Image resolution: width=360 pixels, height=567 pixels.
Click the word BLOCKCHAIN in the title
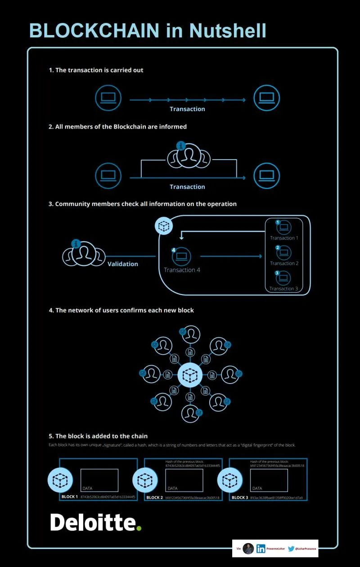(x=94, y=31)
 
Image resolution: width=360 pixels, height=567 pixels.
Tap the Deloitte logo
(x=96, y=522)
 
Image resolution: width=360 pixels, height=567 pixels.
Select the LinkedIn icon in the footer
(x=261, y=549)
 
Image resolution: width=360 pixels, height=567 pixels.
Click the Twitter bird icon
(x=291, y=549)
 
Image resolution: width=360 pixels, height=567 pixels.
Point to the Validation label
(x=123, y=264)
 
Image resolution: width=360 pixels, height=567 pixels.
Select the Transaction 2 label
(x=284, y=263)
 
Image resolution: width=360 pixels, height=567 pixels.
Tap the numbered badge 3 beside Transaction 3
(x=278, y=273)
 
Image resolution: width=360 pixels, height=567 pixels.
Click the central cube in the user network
(x=190, y=374)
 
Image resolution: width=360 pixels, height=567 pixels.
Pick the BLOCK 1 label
(x=70, y=497)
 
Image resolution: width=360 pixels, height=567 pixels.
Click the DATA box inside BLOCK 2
(x=184, y=480)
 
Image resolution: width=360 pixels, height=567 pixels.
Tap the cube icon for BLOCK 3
(x=230, y=480)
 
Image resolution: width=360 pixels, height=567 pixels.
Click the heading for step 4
(x=121, y=310)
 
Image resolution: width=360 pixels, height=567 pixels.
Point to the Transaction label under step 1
(x=187, y=109)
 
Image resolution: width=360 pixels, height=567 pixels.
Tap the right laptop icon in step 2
(x=267, y=175)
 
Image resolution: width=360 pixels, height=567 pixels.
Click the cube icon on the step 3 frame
(x=164, y=225)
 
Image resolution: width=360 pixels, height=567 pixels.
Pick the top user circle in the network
(x=191, y=335)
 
